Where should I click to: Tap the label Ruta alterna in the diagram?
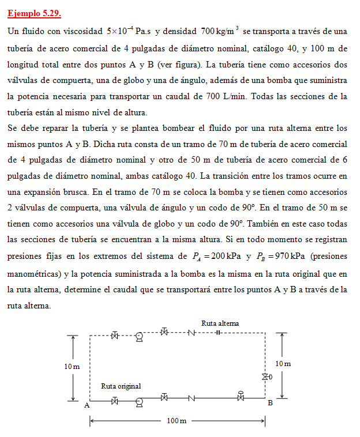[x=220, y=323]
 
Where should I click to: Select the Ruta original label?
[x=121, y=386]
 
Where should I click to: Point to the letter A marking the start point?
[x=87, y=405]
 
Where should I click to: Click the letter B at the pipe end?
[x=269, y=403]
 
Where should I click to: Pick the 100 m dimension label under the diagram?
[x=177, y=421]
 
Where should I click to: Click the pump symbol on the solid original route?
[x=139, y=401]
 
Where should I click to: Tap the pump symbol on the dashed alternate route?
[x=139, y=337]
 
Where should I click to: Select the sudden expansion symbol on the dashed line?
[x=218, y=333]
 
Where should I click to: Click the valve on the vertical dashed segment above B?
[x=265, y=377]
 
